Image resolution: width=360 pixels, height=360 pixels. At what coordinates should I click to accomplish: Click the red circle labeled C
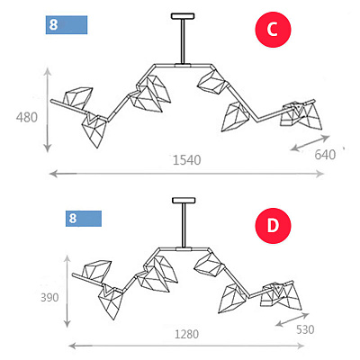click(273, 30)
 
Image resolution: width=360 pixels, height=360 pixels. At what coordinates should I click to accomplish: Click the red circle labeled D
click(273, 226)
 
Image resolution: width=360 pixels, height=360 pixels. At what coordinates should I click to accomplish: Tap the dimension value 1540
click(187, 160)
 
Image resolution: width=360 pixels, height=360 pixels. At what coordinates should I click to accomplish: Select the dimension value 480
click(27, 117)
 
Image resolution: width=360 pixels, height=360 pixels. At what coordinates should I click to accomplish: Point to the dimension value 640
click(325, 155)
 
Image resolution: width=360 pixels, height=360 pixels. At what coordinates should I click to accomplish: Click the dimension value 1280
click(187, 334)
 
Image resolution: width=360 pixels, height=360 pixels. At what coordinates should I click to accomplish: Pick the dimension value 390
click(49, 298)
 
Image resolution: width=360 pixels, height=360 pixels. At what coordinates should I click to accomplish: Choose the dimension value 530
click(305, 329)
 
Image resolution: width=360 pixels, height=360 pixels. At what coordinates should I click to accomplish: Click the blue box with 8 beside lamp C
click(67, 25)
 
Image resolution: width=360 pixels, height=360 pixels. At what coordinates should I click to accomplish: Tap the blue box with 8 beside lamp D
click(84, 219)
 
